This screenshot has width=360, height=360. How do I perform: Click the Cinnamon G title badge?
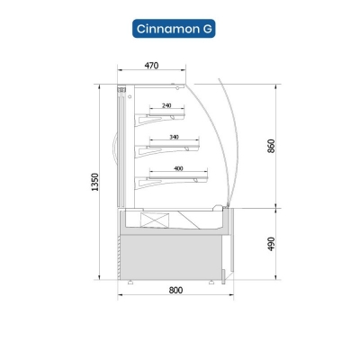174,29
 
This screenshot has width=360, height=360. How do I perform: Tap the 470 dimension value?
151,66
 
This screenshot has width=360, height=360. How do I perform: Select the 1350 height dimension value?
94,182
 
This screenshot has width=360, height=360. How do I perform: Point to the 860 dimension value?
271,146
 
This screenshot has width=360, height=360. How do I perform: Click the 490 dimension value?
271,244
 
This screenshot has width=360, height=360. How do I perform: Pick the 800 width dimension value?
175,290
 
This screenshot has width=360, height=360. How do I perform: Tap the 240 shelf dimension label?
166,105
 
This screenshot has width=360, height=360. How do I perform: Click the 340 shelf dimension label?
174,137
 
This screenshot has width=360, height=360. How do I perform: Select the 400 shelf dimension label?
178,168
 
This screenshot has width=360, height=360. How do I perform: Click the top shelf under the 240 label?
166,114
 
